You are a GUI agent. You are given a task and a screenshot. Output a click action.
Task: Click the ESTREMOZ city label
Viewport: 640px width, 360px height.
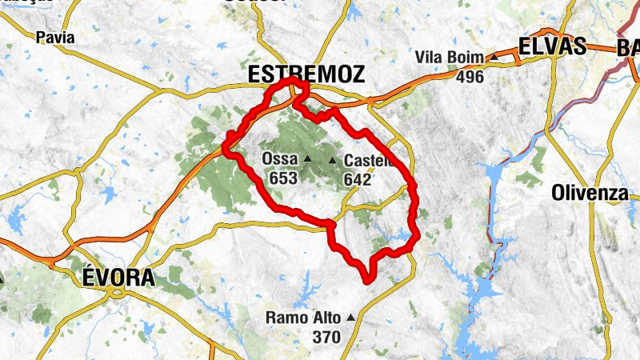[306, 74]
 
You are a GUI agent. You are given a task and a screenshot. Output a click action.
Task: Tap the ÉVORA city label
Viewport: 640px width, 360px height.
[118, 278]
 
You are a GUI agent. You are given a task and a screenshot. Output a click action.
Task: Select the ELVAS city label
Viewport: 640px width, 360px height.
[553, 46]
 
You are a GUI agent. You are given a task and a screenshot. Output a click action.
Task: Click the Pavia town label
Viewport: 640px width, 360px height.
[55, 37]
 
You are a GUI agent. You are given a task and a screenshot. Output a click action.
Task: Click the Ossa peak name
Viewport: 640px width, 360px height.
[279, 159]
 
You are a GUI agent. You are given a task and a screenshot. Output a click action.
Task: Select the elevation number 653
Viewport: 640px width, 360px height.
[283, 178]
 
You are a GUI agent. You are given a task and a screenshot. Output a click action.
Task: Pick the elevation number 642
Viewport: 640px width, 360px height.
[357, 179]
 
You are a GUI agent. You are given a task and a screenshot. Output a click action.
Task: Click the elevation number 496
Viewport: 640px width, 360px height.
[470, 77]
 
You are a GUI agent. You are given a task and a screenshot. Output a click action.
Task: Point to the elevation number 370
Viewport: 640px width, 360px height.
[326, 337]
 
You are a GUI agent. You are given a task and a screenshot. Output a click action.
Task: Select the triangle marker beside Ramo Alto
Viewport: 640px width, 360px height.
[350, 318]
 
